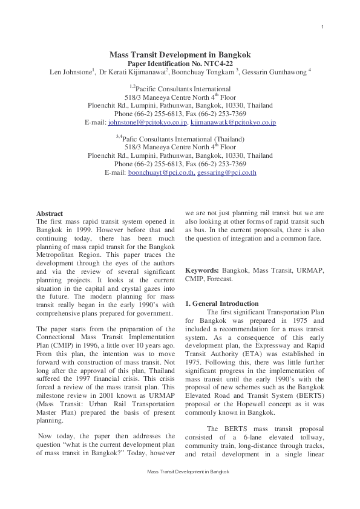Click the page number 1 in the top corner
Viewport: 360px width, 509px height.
pyautogui.click(x=322, y=26)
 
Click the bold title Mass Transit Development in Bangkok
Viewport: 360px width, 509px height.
pyautogui.click(x=180, y=54)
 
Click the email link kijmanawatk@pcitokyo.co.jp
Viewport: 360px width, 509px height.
pyautogui.click(x=233, y=122)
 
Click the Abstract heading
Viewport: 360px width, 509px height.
pyautogui.click(x=50, y=213)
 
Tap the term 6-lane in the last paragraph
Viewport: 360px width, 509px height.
pyautogui.click(x=249, y=436)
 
